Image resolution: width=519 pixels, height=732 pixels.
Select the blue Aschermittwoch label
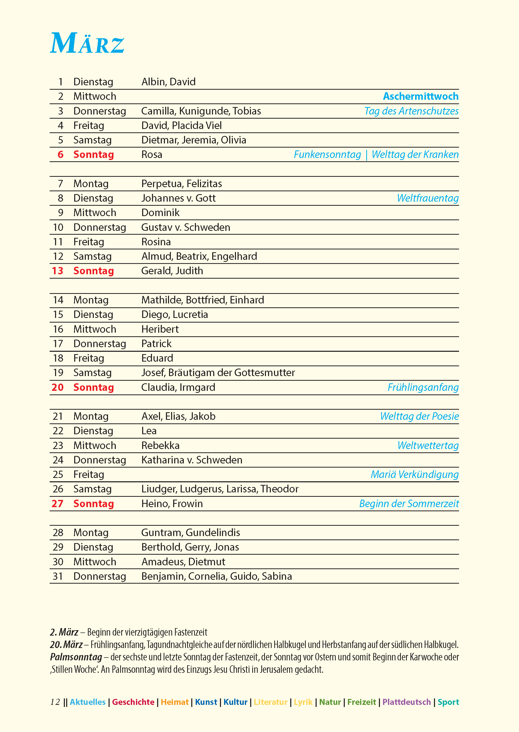421,96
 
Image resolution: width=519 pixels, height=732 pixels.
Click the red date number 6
60,155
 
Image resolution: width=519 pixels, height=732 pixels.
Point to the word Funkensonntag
327,155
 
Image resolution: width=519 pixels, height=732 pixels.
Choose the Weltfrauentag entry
428,198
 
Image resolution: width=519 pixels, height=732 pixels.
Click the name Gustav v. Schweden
186,227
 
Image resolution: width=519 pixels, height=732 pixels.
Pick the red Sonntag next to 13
94,271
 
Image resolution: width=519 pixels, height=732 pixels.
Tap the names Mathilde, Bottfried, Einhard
203,300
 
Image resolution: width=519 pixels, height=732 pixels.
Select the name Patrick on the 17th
156,344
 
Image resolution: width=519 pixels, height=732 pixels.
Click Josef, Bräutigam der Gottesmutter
218,372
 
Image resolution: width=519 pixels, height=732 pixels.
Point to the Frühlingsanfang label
423,387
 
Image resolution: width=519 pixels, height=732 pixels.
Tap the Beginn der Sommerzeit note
409,504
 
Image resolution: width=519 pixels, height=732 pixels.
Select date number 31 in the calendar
58,576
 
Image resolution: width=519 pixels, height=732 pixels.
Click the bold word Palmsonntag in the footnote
76,657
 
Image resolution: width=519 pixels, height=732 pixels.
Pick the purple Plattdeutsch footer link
407,702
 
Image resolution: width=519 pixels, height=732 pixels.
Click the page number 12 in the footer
55,702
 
